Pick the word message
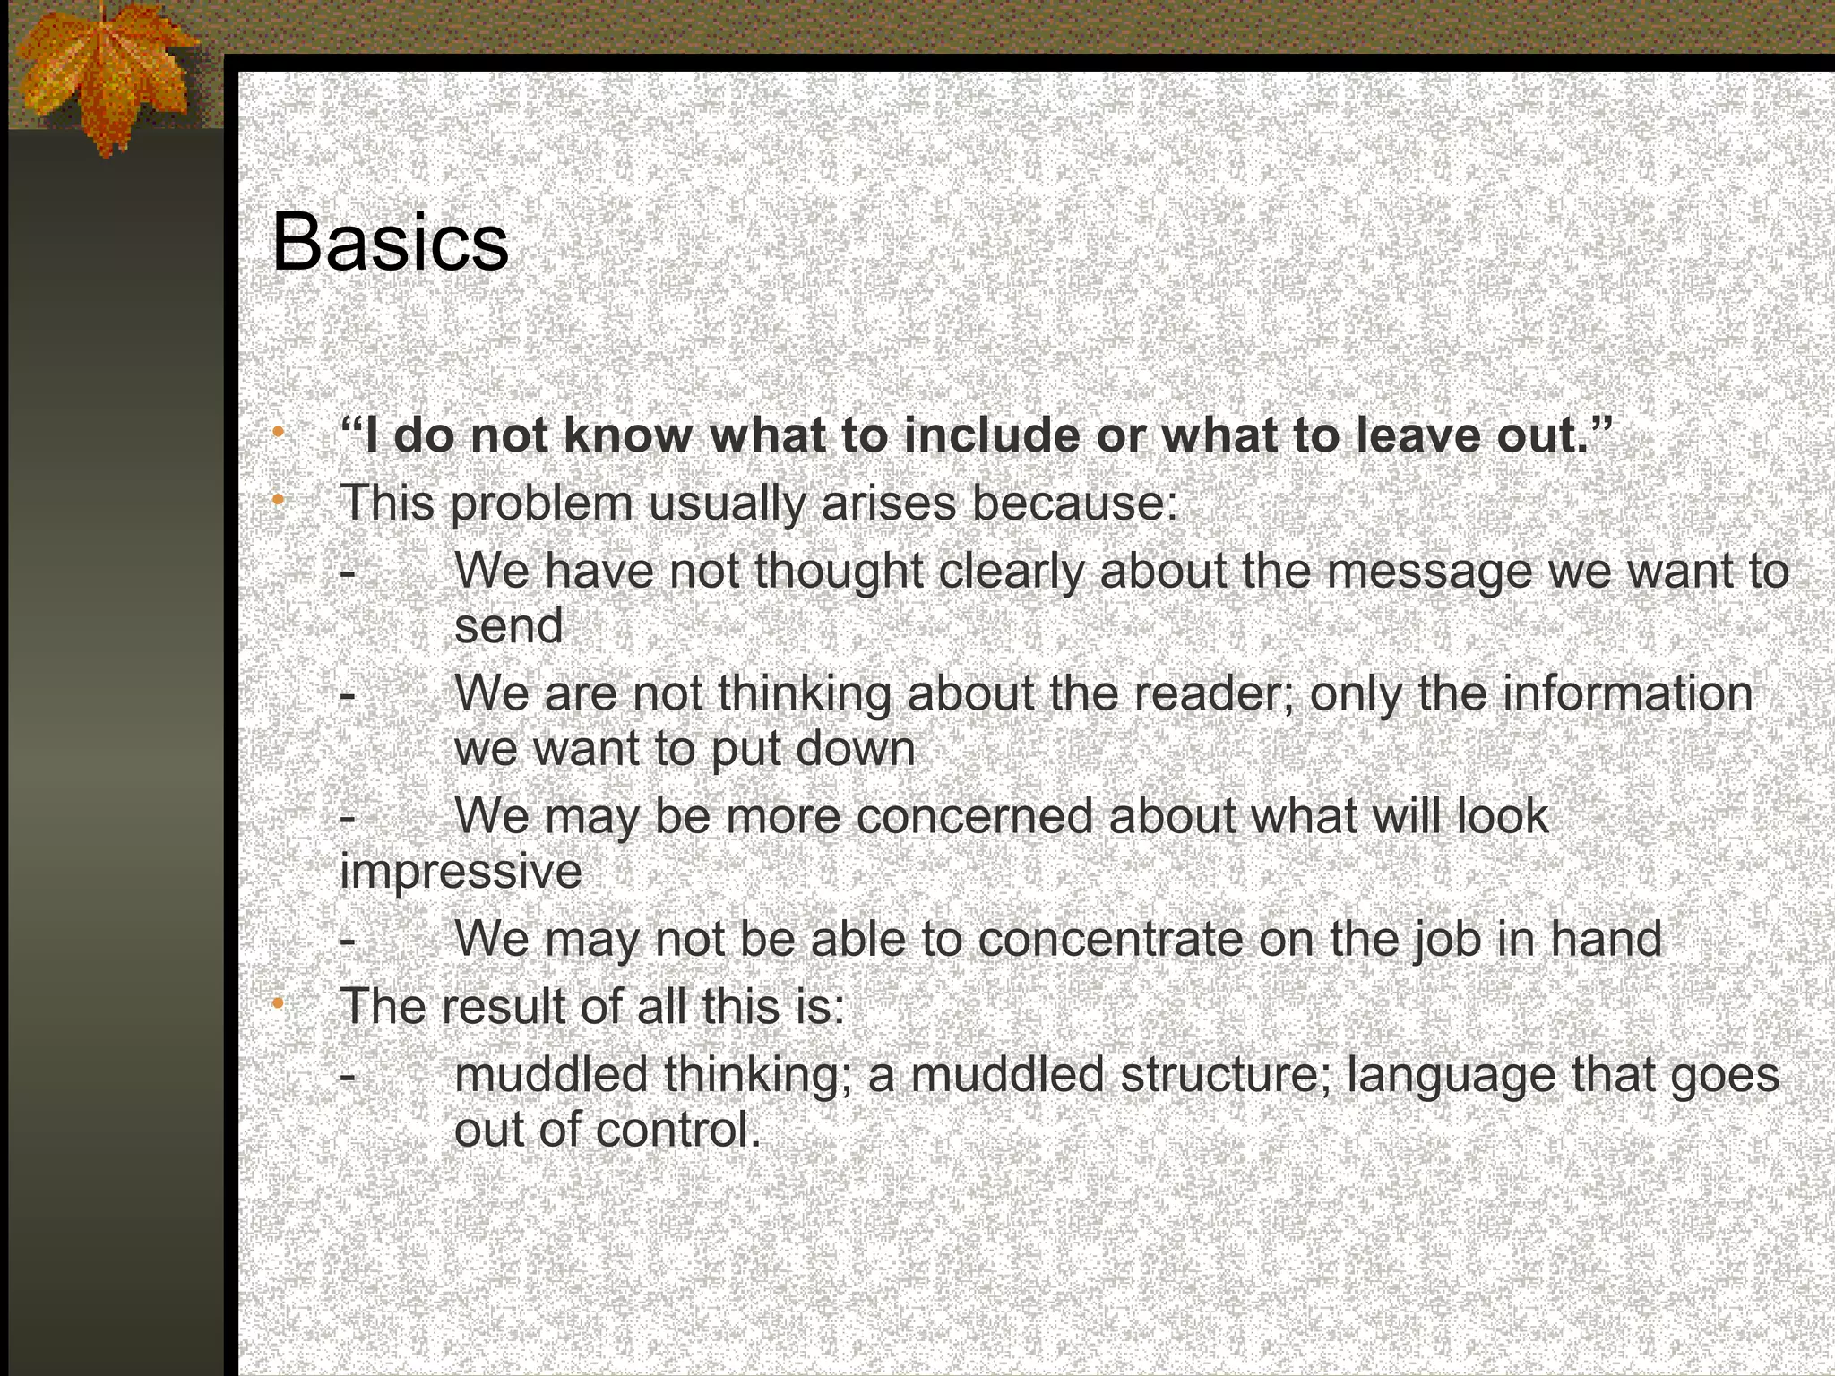point(1428,571)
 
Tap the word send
point(509,624)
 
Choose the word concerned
point(975,816)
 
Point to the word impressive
point(461,871)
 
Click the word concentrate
point(1110,939)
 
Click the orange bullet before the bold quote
point(279,433)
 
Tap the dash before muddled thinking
point(348,1076)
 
